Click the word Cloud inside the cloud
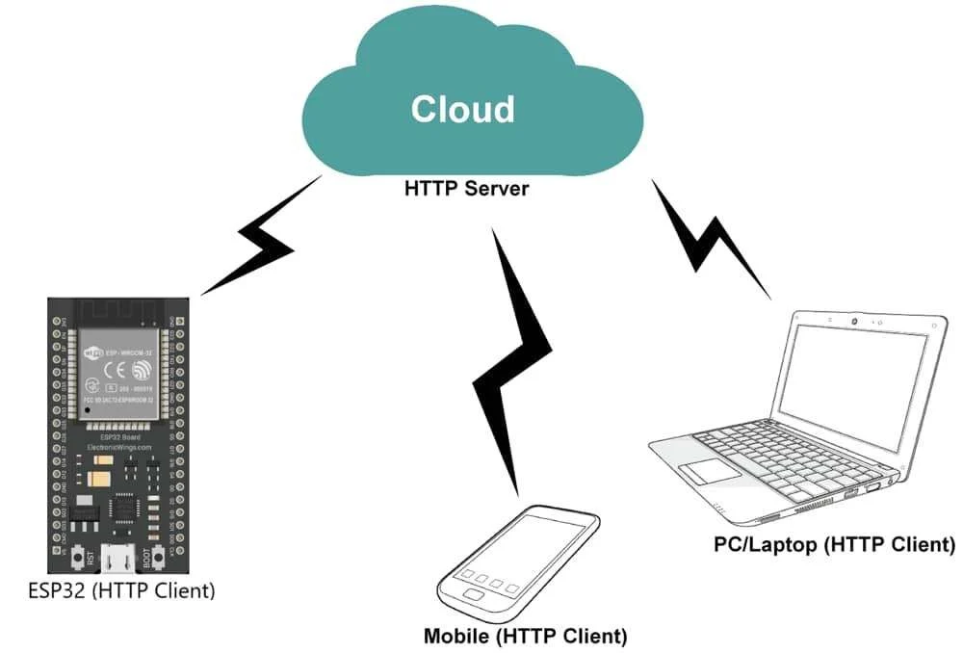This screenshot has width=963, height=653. [x=462, y=109]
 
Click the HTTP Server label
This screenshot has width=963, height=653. [x=466, y=188]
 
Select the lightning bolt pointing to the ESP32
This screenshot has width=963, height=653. [x=258, y=235]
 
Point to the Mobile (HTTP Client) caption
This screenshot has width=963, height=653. [x=525, y=637]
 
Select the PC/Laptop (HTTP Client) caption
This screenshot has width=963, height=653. [x=834, y=545]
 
